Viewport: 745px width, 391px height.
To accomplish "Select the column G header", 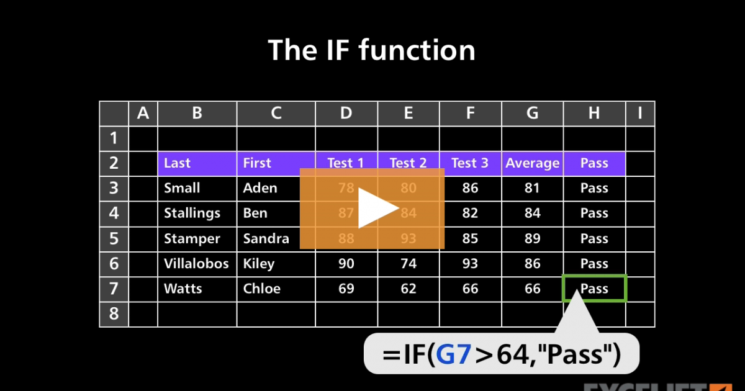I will [532, 114].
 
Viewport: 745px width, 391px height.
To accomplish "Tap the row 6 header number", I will [114, 264].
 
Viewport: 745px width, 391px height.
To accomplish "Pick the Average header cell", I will [532, 163].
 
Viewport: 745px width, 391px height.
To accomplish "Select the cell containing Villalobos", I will [196, 264].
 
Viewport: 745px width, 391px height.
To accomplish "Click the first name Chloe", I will [261, 289].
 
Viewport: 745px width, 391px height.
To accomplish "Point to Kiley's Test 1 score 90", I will [346, 264].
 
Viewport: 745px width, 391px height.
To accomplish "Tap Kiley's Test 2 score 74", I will [409, 264].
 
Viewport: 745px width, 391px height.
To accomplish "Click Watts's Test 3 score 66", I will [470, 289].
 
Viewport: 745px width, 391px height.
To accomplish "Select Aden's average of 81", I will [532, 188].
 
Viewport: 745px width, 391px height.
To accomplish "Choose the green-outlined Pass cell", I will [594, 289].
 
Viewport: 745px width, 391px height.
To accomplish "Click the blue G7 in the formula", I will [453, 354].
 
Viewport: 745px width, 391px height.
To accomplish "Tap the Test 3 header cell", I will [470, 163].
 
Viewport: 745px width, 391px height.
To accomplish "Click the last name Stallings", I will [192, 213].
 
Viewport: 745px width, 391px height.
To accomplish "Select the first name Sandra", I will [266, 238].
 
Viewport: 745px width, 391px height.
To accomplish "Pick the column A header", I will [143, 114].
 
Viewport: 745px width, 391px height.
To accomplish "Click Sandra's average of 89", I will [532, 238].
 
